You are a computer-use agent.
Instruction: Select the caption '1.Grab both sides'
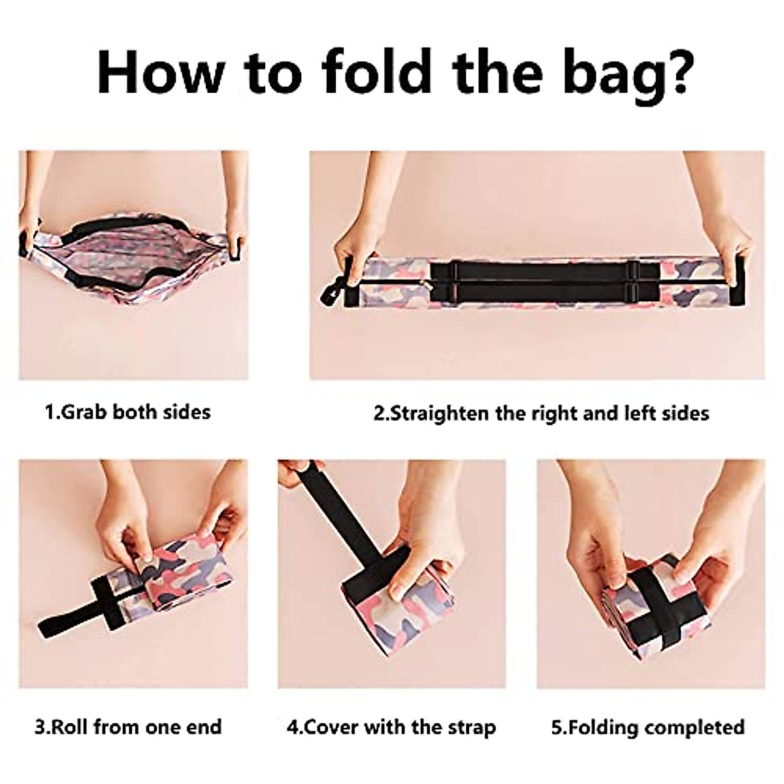127,412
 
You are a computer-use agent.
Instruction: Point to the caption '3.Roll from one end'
128,727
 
